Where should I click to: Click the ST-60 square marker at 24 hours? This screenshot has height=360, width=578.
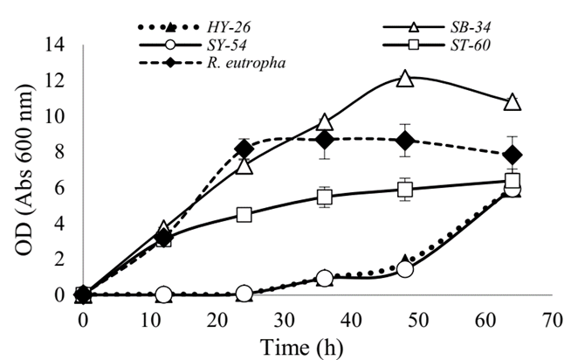[x=244, y=215]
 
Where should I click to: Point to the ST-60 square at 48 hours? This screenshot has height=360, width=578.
[x=405, y=190]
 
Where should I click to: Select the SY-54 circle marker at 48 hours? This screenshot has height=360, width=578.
[x=405, y=269]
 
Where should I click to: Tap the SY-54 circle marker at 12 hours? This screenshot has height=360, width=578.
[x=163, y=295]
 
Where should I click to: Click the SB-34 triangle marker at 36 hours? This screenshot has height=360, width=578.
[x=325, y=122]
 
